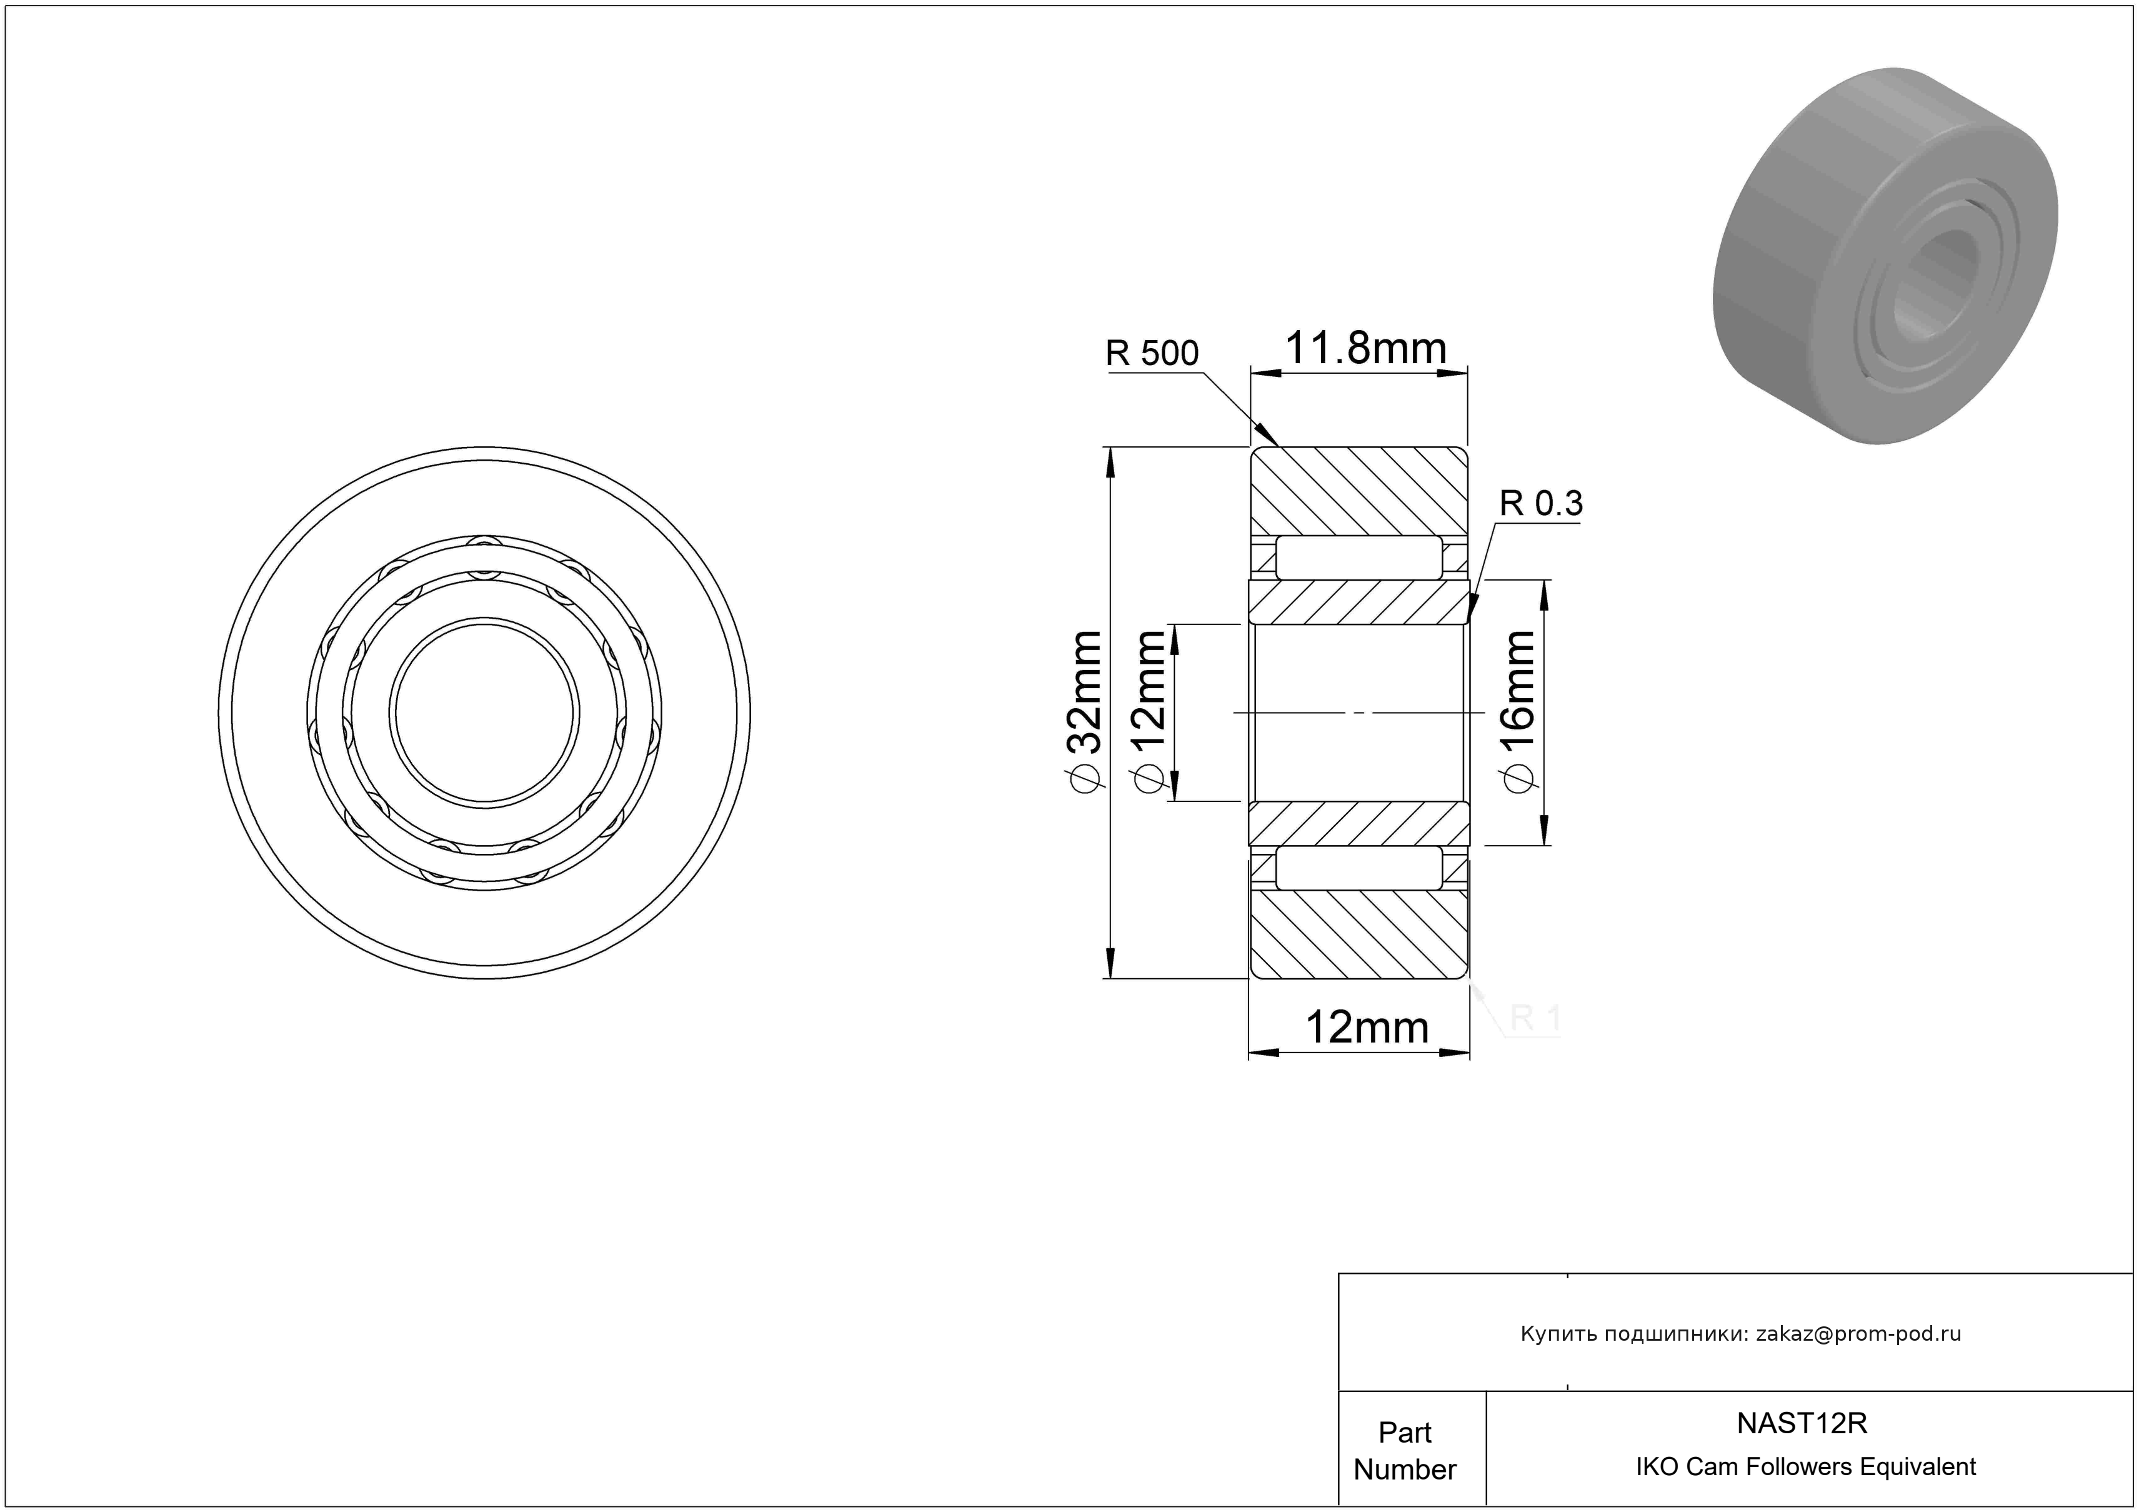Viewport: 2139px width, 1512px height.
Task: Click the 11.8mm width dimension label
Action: click(x=1366, y=349)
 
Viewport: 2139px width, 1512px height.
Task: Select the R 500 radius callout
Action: click(x=1152, y=353)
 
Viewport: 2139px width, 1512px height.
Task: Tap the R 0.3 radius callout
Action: click(x=1541, y=504)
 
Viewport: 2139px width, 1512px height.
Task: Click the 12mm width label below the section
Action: click(x=1367, y=1028)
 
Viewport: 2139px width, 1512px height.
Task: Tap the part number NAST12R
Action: click(x=1802, y=1423)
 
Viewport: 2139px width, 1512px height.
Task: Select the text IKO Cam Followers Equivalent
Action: click(x=1805, y=1467)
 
